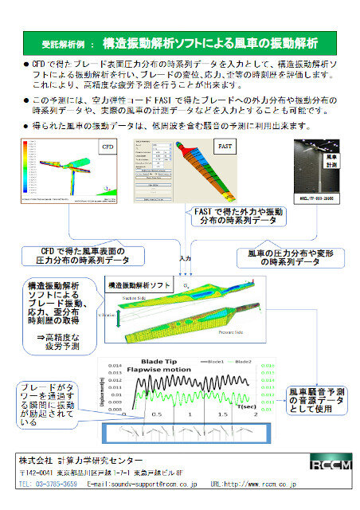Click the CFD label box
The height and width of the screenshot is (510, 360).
[108, 147]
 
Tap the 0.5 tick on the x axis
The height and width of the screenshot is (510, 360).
[158, 415]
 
